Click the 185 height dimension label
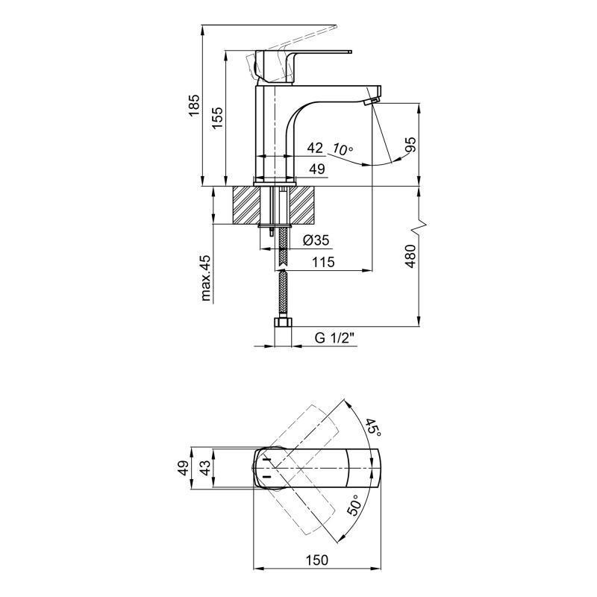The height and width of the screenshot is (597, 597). pyautogui.click(x=195, y=107)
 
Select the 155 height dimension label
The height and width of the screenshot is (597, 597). pyautogui.click(x=216, y=117)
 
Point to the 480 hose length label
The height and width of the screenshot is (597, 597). pyautogui.click(x=410, y=256)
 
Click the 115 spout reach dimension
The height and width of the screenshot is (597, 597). pyautogui.click(x=323, y=262)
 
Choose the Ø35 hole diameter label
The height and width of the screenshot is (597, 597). pyautogui.click(x=316, y=240)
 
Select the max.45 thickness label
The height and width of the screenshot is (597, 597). pyautogui.click(x=205, y=278)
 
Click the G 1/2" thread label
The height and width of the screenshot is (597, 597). pyautogui.click(x=333, y=338)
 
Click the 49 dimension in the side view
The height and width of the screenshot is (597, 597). pyautogui.click(x=317, y=170)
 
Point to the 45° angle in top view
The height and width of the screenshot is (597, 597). pyautogui.click(x=372, y=426)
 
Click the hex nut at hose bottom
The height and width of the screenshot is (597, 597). pyautogui.click(x=283, y=323)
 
